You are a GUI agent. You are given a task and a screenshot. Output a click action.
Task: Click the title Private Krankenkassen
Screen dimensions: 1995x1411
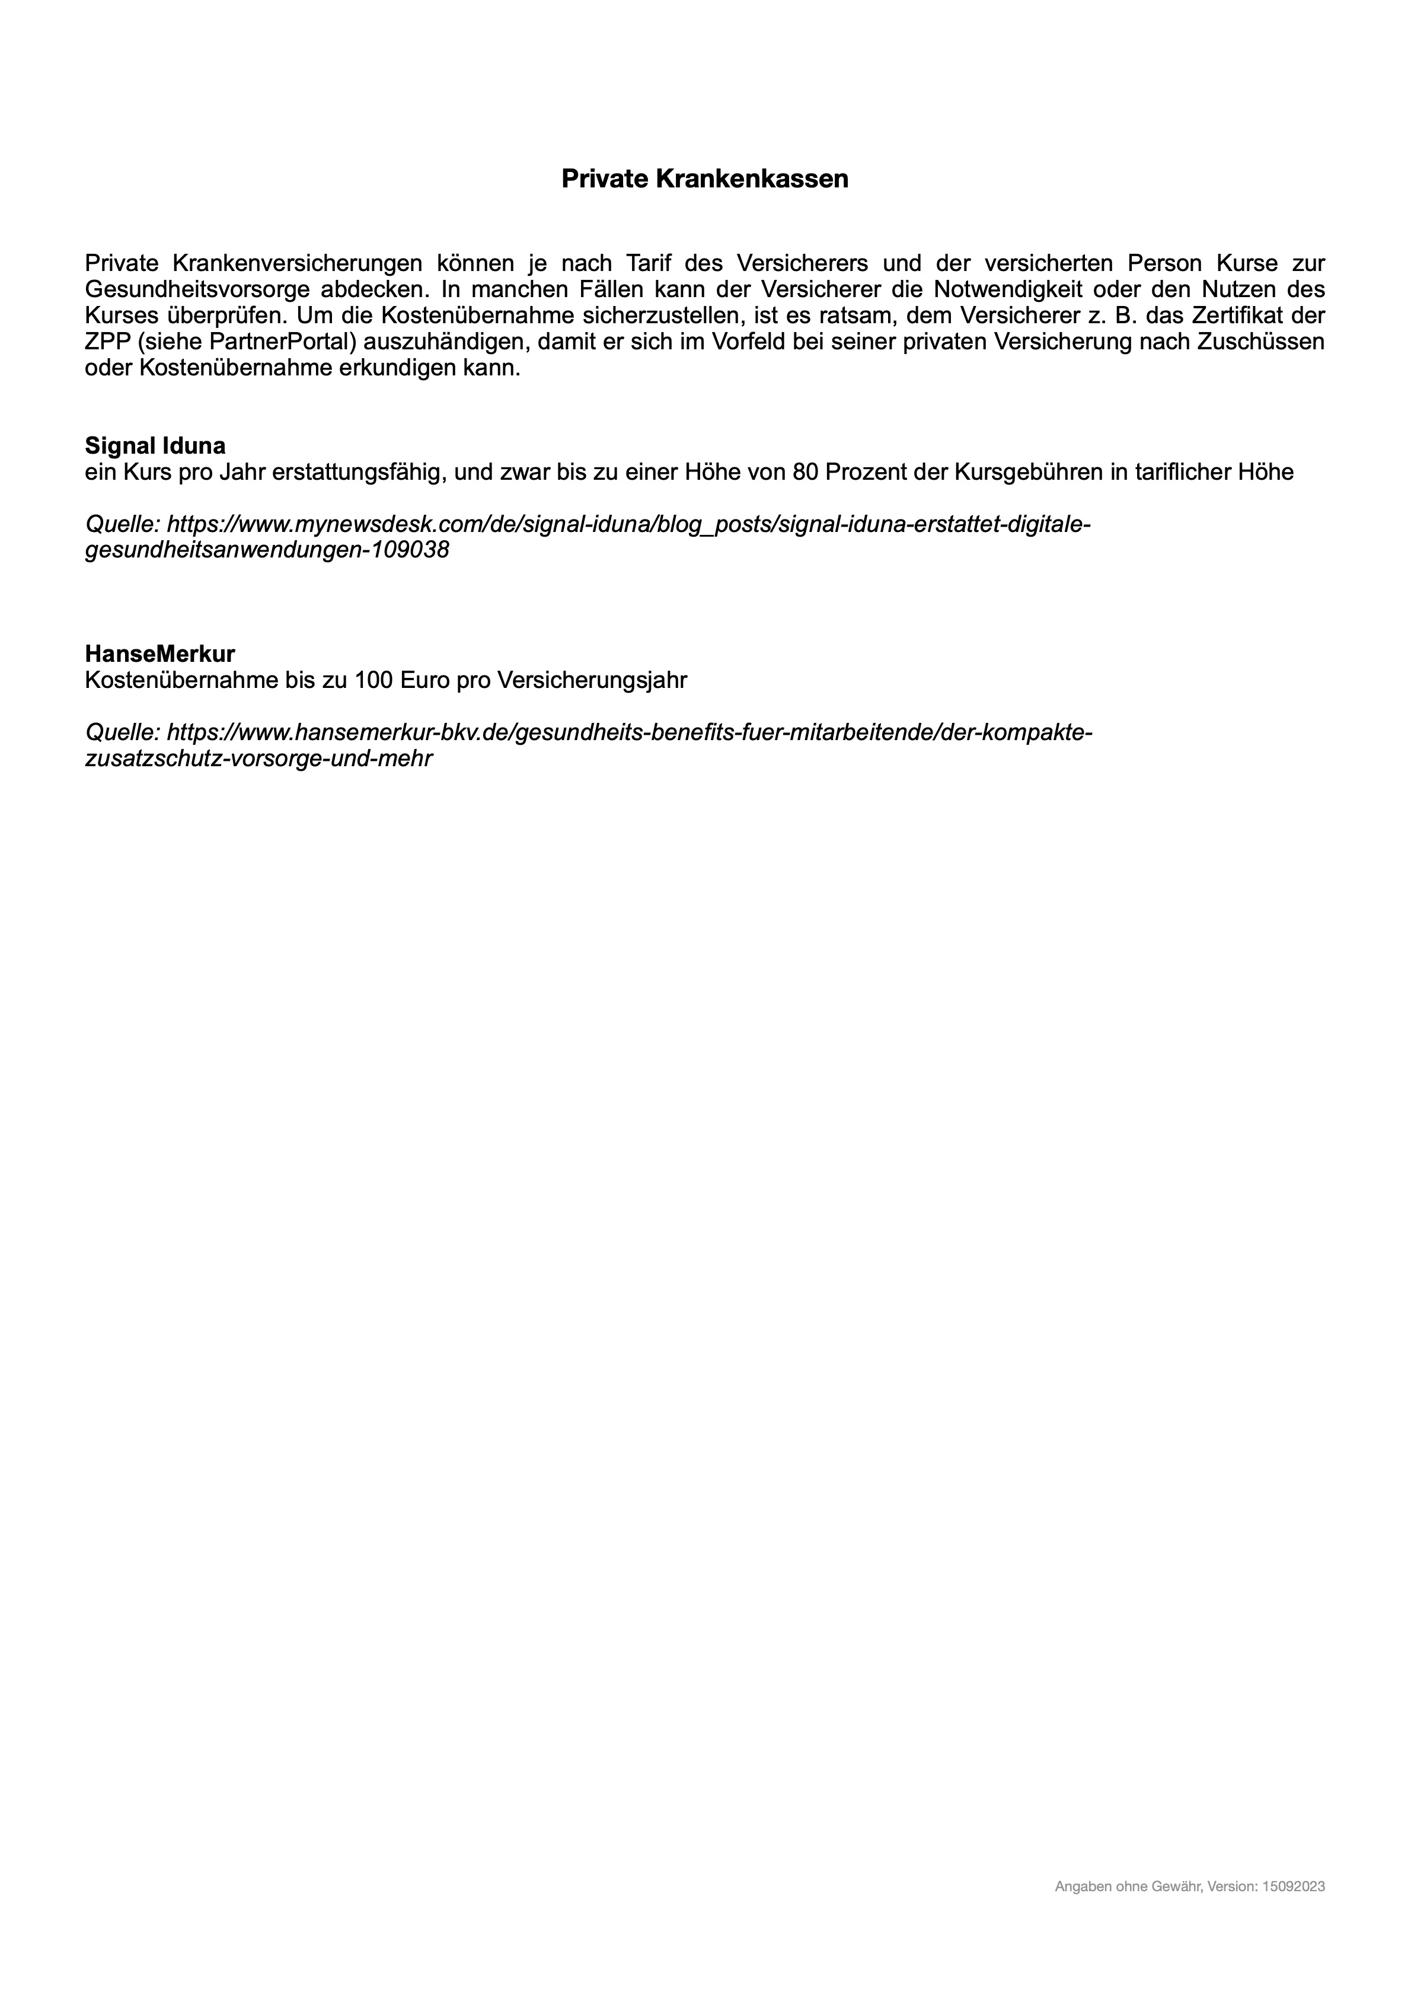705,179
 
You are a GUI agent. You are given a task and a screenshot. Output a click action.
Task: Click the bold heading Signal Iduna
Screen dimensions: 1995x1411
155,446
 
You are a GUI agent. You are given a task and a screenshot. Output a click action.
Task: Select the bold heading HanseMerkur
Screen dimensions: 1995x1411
160,654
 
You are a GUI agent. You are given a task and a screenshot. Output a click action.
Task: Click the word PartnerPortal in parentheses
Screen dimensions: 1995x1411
272,342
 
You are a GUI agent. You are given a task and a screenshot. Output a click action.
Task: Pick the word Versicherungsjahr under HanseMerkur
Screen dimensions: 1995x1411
592,680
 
